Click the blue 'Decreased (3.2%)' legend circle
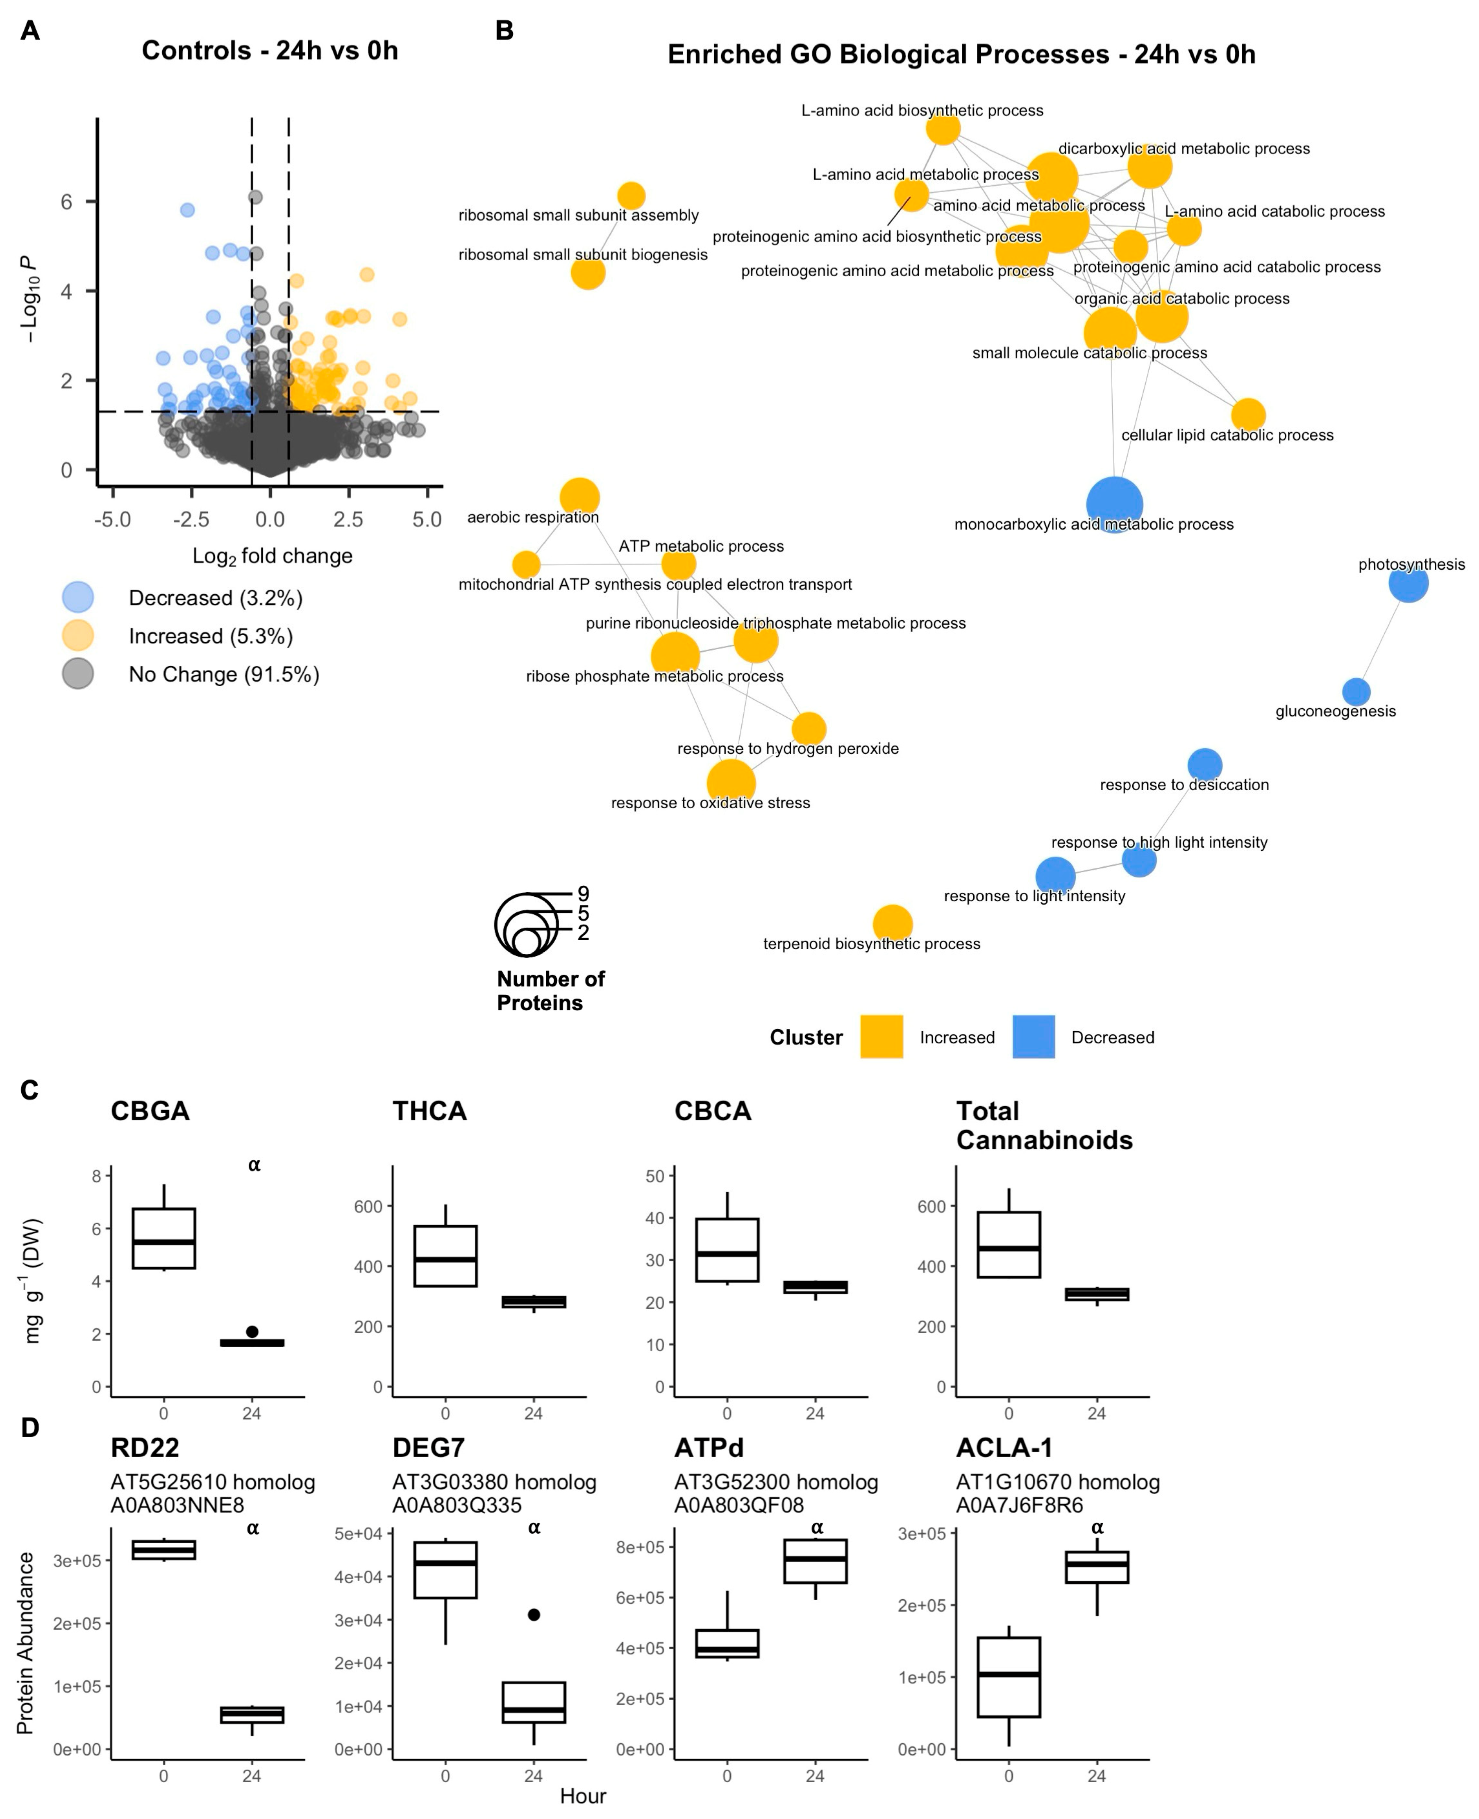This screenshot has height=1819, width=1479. point(77,597)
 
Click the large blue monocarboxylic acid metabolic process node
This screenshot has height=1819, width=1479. point(1114,505)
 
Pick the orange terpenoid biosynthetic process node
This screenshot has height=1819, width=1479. point(892,923)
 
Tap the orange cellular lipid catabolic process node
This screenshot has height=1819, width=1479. point(1247,415)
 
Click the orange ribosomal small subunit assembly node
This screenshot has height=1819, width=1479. point(630,196)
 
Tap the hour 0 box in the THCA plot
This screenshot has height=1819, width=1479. point(445,1256)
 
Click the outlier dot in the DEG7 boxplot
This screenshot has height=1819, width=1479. point(533,1614)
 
